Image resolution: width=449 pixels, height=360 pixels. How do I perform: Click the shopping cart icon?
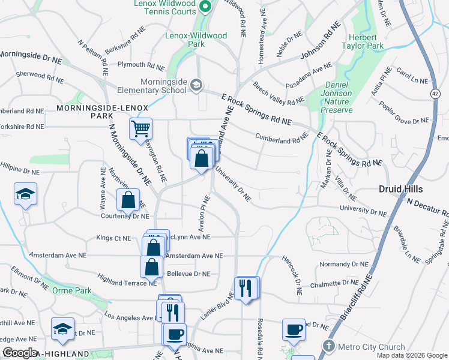click(x=140, y=128)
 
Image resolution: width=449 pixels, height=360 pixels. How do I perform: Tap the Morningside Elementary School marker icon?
click(x=196, y=85)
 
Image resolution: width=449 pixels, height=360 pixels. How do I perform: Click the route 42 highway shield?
click(x=435, y=93)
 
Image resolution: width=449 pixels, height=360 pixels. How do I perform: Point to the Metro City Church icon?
click(x=328, y=346)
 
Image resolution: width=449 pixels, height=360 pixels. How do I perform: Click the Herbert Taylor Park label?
click(x=363, y=41)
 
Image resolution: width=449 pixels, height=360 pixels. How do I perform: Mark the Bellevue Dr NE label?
click(x=188, y=274)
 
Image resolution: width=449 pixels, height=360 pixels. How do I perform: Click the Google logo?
click(x=20, y=353)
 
